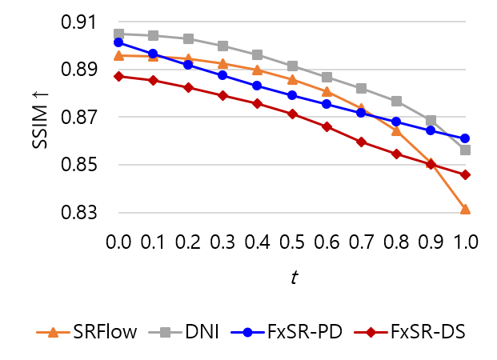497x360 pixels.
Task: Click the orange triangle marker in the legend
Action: pyautogui.click(x=53, y=333)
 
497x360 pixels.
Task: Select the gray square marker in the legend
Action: pyautogui.click(x=165, y=332)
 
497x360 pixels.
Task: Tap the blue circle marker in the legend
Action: pyautogui.click(x=247, y=332)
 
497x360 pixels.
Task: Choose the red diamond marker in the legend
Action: pyautogui.click(x=371, y=332)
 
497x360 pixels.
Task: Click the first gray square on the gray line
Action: pyautogui.click(x=118, y=34)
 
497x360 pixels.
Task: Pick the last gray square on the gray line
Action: pyautogui.click(x=465, y=150)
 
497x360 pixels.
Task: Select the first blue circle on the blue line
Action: pyautogui.click(x=118, y=42)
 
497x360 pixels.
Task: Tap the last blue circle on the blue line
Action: pyautogui.click(x=465, y=138)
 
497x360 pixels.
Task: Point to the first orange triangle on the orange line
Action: pyautogui.click(x=118, y=56)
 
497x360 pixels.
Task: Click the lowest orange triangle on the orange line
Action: pyautogui.click(x=465, y=210)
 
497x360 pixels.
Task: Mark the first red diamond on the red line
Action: pyautogui.click(x=118, y=76)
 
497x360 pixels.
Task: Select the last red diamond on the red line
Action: pyautogui.click(x=465, y=174)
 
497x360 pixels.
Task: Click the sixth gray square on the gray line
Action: pyautogui.click(x=292, y=66)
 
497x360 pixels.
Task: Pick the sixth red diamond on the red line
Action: pyautogui.click(x=292, y=114)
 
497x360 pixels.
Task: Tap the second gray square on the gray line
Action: pyautogui.click(x=153, y=35)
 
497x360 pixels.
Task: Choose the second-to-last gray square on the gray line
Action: pyautogui.click(x=431, y=120)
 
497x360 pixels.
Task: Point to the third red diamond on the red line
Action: pyautogui.click(x=188, y=87)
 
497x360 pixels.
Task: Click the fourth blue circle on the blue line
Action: pyautogui.click(x=222, y=74)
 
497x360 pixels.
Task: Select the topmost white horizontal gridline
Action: pyautogui.click(x=291, y=22)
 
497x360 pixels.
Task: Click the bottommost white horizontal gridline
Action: pyautogui.click(x=291, y=213)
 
